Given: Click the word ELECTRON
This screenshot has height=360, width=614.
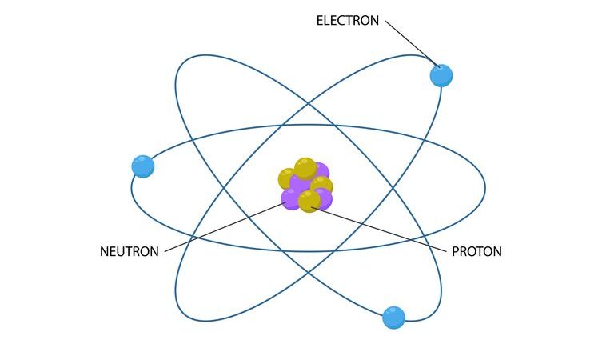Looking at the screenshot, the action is pyautogui.click(x=347, y=20).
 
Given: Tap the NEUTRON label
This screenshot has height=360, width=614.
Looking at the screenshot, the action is pyautogui.click(x=130, y=251).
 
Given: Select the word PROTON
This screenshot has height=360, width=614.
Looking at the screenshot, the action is pyautogui.click(x=476, y=251).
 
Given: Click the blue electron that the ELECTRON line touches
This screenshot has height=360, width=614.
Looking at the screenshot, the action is pyautogui.click(x=441, y=76).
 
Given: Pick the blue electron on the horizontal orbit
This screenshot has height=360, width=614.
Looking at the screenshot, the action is pyautogui.click(x=143, y=166).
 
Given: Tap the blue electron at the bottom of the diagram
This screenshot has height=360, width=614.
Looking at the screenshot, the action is pyautogui.click(x=393, y=318).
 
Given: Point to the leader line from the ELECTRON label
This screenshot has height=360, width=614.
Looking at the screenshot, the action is pyautogui.click(x=412, y=43).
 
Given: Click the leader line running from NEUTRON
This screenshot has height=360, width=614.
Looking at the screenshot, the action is pyautogui.click(x=226, y=227).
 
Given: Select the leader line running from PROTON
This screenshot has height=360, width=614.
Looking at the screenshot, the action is pyautogui.click(x=379, y=229).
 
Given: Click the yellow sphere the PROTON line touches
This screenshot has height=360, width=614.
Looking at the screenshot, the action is pyautogui.click(x=309, y=202).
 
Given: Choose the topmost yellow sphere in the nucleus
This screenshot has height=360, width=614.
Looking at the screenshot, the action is pyautogui.click(x=305, y=169).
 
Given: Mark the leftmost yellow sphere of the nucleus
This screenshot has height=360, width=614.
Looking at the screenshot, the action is pyautogui.click(x=287, y=178).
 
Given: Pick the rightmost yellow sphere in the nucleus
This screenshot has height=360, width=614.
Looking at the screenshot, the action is pyautogui.click(x=322, y=186).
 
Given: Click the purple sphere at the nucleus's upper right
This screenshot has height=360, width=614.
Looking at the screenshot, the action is pyautogui.click(x=322, y=170).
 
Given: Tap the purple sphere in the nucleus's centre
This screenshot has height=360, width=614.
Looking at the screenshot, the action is pyautogui.click(x=301, y=183).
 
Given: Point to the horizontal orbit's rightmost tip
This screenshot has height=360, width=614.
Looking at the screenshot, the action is pyautogui.click(x=485, y=188).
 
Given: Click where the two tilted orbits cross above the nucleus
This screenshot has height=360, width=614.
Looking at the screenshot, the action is pyautogui.click(x=308, y=104).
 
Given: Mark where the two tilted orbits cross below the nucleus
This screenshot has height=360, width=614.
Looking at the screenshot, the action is pyautogui.click(x=308, y=272).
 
